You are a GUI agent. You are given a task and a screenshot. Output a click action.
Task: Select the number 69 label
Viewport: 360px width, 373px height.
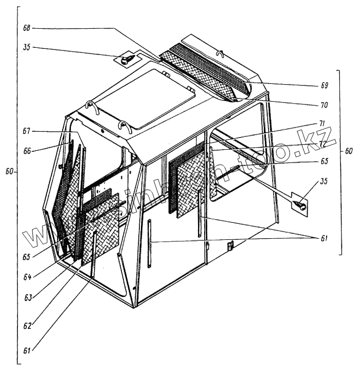pyautogui.click(x=324, y=85)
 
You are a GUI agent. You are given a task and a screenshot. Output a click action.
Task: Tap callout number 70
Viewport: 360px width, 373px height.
pyautogui.click(x=324, y=105)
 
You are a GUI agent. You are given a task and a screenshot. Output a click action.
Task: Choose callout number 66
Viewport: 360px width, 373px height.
pyautogui.click(x=27, y=151)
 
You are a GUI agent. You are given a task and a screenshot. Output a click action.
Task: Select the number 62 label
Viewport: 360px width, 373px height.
pyautogui.click(x=27, y=325)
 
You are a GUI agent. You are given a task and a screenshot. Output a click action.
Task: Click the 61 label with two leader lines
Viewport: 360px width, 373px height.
pyautogui.click(x=324, y=238)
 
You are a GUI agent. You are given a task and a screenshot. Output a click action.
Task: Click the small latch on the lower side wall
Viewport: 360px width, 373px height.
pyautogui.click(x=230, y=245)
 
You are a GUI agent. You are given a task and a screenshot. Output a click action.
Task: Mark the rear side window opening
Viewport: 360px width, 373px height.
pyautogui.click(x=239, y=154)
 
